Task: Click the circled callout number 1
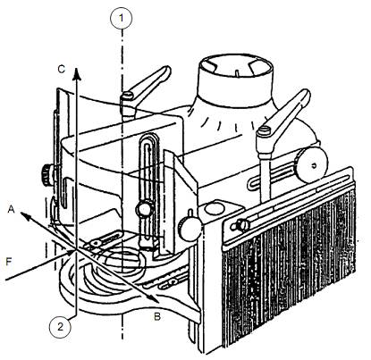tap(121, 19)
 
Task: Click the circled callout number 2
tap(61, 327)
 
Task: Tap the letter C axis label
tap(62, 70)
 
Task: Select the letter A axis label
tap(11, 209)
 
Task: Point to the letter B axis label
tap(157, 317)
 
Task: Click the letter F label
tap(9, 262)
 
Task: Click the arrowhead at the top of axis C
tap(77, 74)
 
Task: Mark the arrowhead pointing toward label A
tap(25, 216)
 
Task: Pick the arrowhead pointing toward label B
tap(153, 298)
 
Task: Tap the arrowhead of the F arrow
tap(71, 253)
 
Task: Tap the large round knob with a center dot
tap(313, 165)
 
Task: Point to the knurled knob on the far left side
tap(46, 175)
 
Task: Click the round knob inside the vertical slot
tap(145, 209)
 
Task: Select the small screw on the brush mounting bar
tap(241, 224)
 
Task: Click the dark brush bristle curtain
tap(289, 268)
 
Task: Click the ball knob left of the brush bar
tap(189, 228)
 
